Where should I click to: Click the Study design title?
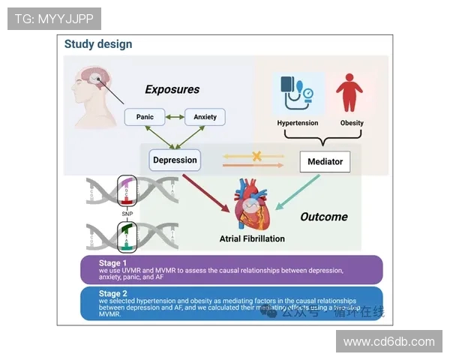pyautogui.click(x=98, y=44)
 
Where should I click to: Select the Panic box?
pyautogui.click(x=145, y=117)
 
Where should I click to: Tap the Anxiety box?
pyautogui.click(x=205, y=117)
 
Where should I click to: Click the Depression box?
pyautogui.click(x=175, y=160)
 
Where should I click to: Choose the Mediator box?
pyautogui.click(x=325, y=161)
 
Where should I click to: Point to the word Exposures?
pyautogui.click(x=172, y=89)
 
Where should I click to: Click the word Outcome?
pyautogui.click(x=324, y=217)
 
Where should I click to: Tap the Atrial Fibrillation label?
pyautogui.click(x=252, y=239)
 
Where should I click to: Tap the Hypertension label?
pyautogui.click(x=298, y=123)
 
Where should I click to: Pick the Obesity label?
pyautogui.click(x=352, y=123)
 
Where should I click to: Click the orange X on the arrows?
pyautogui.click(x=256, y=157)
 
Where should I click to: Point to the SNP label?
pyautogui.click(x=127, y=214)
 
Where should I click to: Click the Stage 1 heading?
pyautogui.click(x=113, y=263)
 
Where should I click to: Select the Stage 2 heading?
pyautogui.click(x=113, y=294)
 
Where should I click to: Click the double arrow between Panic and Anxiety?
pyautogui.click(x=175, y=117)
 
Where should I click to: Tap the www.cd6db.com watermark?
pyautogui.click(x=389, y=341)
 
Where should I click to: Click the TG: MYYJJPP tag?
pyautogui.click(x=54, y=19)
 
